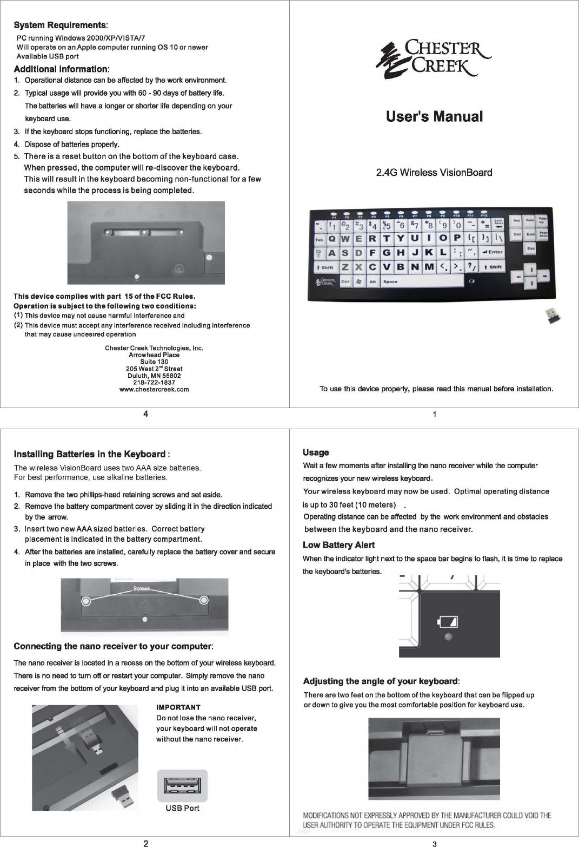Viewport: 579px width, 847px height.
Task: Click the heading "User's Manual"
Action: pyautogui.click(x=434, y=116)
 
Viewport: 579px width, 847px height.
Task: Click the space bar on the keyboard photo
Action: pyautogui.click(x=422, y=281)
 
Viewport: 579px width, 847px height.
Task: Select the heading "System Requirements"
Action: pyautogui.click(x=60, y=25)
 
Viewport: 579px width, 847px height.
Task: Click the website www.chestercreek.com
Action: pyautogui.click(x=154, y=389)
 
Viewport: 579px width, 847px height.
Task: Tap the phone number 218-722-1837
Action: pyautogui.click(x=154, y=382)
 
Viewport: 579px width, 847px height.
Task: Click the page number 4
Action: pyautogui.click(x=146, y=415)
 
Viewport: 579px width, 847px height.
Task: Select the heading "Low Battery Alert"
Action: pyautogui.click(x=338, y=545)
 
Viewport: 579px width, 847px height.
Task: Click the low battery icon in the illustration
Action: pyautogui.click(x=449, y=621)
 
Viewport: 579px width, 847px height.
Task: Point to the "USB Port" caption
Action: pyautogui.click(x=182, y=809)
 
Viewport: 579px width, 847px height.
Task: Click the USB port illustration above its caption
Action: pyautogui.click(x=182, y=786)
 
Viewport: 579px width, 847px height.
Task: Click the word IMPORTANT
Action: pyautogui.click(x=178, y=707)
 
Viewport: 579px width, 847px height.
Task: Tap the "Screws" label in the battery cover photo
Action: pyautogui.click(x=142, y=589)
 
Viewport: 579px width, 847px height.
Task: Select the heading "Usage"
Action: pyautogui.click(x=316, y=452)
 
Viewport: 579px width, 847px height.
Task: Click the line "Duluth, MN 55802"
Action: pyautogui.click(x=154, y=376)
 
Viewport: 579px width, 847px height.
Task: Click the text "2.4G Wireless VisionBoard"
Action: pyautogui.click(x=434, y=173)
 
